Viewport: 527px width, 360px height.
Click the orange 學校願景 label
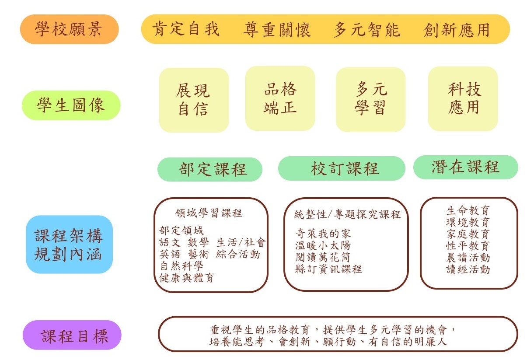click(x=70, y=29)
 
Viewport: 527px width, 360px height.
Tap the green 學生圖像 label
click(x=71, y=105)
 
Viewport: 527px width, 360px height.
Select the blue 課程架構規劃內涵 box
click(x=70, y=245)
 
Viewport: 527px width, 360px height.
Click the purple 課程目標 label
click(x=72, y=335)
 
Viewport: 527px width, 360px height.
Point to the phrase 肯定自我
click(x=186, y=29)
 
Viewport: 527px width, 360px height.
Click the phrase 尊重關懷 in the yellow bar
click(x=277, y=30)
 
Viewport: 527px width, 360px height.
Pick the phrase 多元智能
click(x=367, y=30)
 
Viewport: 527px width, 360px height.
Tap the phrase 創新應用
click(x=457, y=30)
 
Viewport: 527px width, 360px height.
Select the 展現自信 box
click(x=194, y=100)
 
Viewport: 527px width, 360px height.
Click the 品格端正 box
click(x=280, y=98)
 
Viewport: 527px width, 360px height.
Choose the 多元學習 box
click(x=370, y=100)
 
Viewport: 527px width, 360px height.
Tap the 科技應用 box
click(x=463, y=99)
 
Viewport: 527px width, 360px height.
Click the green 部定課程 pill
click(x=210, y=169)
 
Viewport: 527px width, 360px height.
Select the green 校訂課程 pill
click(x=342, y=168)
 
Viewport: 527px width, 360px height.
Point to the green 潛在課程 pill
click(x=466, y=167)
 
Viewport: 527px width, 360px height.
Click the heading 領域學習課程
click(x=209, y=213)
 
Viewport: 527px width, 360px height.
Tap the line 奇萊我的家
click(x=323, y=234)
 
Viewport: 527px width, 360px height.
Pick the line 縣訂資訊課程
click(x=329, y=269)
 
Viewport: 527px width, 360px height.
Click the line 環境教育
click(x=468, y=222)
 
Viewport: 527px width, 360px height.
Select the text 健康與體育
click(x=187, y=278)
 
